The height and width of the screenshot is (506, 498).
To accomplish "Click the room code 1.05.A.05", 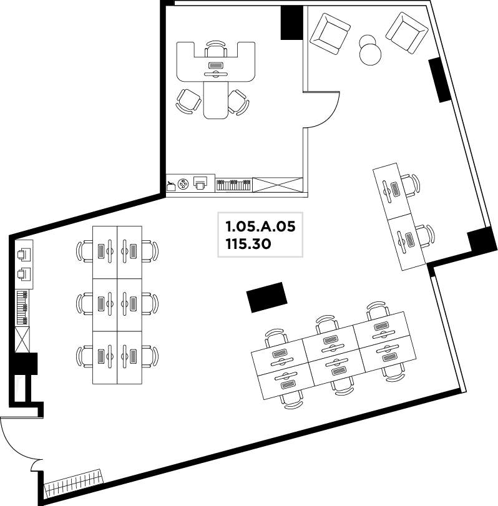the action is pyautogui.click(x=260, y=226).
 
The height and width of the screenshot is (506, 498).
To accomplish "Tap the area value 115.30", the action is pyautogui.click(x=248, y=244).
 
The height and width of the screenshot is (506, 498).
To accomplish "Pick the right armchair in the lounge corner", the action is pyautogui.click(x=408, y=33).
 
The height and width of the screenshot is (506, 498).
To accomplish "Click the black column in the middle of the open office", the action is pyautogui.click(x=267, y=297).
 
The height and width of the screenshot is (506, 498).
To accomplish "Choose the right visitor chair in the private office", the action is pyautogui.click(x=238, y=102).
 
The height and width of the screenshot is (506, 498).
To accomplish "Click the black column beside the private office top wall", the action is pyautogui.click(x=292, y=22).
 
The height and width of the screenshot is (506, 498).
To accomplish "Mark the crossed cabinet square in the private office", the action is pyautogui.click(x=278, y=185).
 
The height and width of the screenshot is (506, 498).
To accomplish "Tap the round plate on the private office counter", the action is pyautogui.click(x=183, y=183).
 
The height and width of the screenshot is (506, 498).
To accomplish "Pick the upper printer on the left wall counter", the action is pyautogui.click(x=24, y=255).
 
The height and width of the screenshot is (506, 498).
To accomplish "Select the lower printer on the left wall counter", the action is pyautogui.click(x=24, y=275).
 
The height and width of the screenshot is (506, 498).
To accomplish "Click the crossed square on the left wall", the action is pyautogui.click(x=22, y=339).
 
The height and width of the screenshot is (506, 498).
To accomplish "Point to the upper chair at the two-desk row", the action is pyautogui.click(x=410, y=185).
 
